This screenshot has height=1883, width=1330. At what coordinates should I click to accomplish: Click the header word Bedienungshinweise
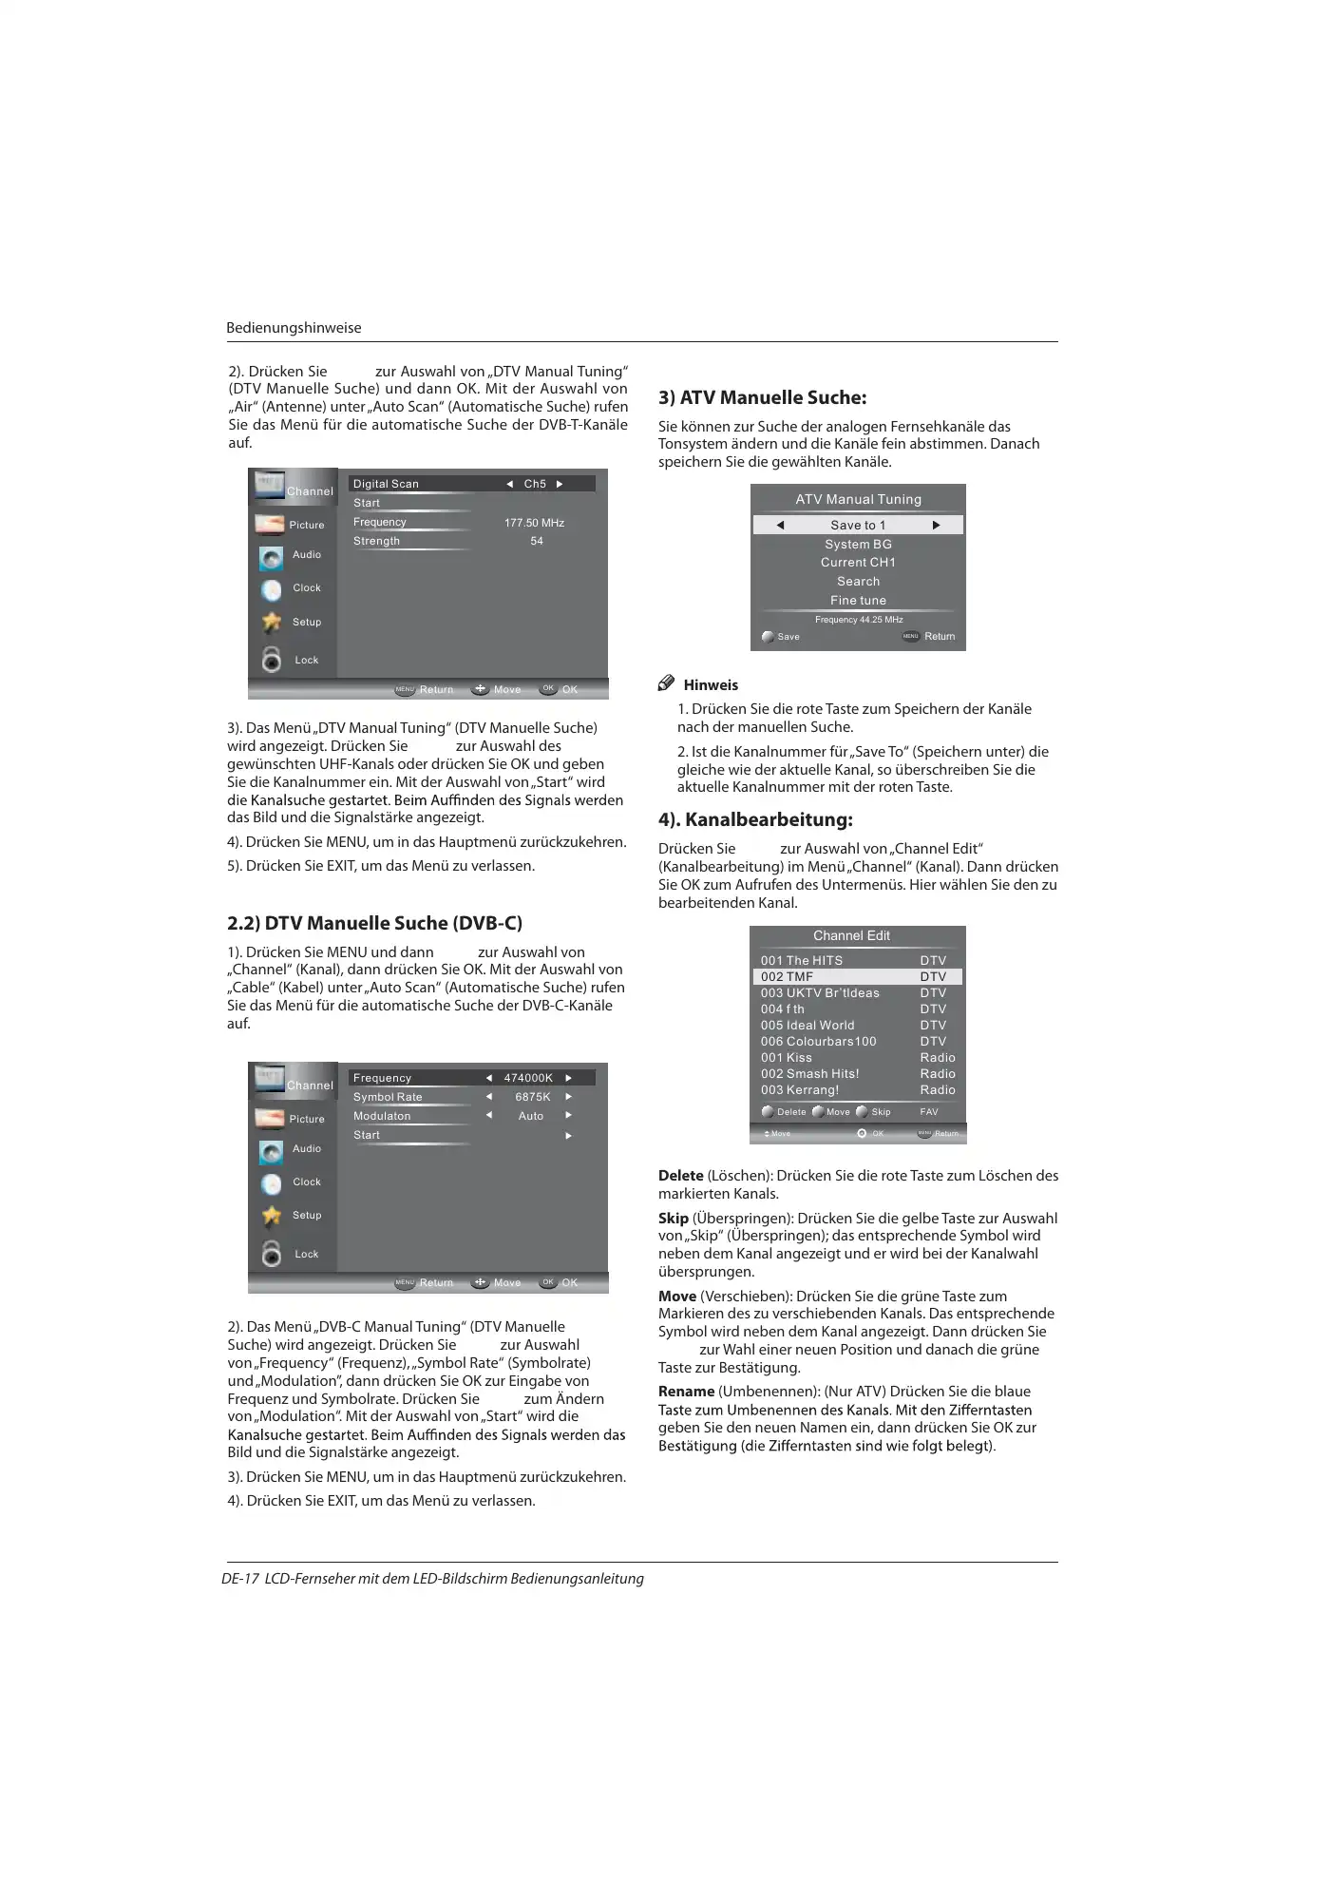[294, 328]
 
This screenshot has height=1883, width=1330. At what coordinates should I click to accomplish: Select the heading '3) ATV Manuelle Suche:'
[762, 397]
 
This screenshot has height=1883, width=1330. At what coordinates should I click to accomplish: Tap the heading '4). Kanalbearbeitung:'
[755, 819]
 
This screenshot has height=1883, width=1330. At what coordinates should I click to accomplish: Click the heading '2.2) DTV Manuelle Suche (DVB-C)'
[374, 923]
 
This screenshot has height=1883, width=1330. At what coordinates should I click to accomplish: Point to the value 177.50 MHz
[534, 523]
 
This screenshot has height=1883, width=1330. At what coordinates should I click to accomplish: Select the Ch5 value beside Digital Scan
[535, 484]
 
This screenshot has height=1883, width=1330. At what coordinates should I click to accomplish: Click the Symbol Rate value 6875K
[533, 1097]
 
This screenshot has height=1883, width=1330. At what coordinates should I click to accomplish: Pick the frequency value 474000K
[528, 1078]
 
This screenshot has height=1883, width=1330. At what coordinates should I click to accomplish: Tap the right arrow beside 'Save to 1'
[936, 525]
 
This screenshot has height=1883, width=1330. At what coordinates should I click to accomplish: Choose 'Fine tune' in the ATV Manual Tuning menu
[858, 601]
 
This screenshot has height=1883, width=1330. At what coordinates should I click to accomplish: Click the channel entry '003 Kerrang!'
[800, 1090]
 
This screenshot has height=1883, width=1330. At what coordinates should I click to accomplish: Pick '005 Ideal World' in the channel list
[807, 1026]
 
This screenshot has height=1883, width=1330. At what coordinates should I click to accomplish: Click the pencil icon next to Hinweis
[667, 683]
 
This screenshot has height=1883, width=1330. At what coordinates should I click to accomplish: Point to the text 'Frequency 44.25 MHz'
[859, 620]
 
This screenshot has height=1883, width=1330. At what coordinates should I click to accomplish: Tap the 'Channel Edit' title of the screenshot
[851, 936]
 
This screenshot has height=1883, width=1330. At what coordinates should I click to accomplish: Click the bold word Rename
[686, 1392]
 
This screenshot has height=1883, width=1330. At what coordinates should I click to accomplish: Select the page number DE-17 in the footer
[240, 1579]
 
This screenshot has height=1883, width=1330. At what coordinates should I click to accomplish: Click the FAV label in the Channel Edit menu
[929, 1112]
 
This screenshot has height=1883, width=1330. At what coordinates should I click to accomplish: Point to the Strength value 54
[537, 541]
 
